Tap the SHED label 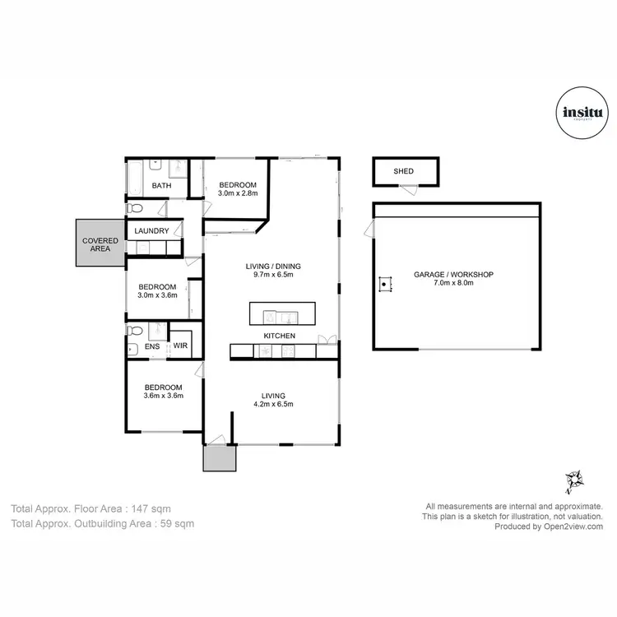403,171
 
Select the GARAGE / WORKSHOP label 454,274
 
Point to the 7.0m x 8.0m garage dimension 454,283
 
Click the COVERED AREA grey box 100,244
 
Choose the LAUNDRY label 152,231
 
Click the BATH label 161,185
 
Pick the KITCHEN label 280,336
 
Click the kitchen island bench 282,314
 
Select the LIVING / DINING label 274,266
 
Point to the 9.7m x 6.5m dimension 274,275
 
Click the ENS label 152,346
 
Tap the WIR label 181,346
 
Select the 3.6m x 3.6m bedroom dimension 163,396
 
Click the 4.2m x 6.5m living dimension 273,404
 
